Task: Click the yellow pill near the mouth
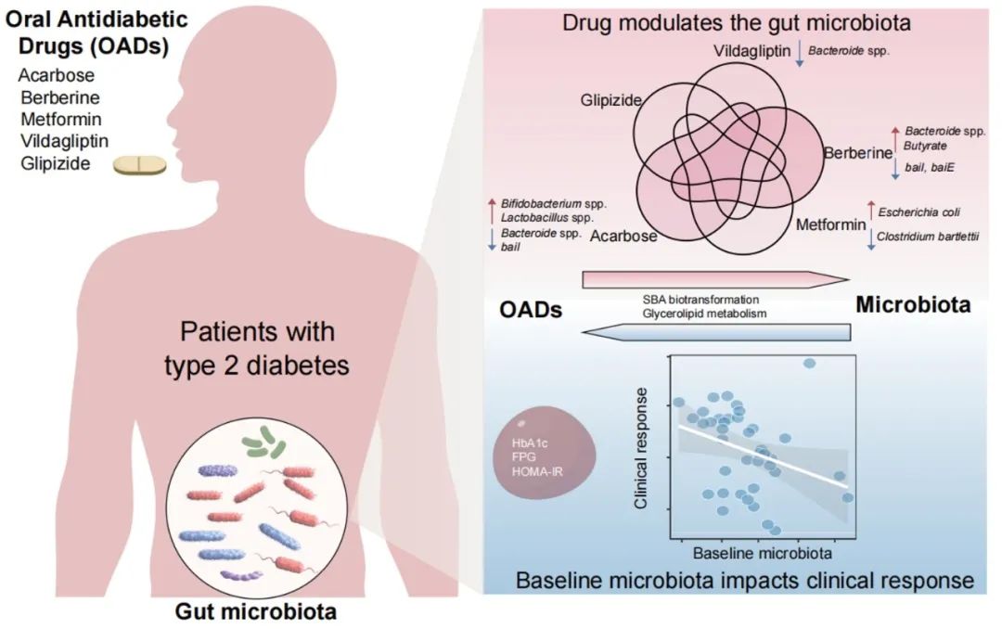pyautogui.click(x=140, y=165)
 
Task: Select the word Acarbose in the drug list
pyautogui.click(x=55, y=75)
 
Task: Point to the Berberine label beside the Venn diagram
pyautogui.click(x=858, y=154)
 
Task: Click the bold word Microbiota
pyautogui.click(x=913, y=304)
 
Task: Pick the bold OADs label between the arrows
pyautogui.click(x=532, y=310)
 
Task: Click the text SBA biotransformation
pyautogui.click(x=700, y=300)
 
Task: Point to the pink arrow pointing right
pyautogui.click(x=715, y=280)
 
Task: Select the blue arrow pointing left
pyautogui.click(x=715, y=331)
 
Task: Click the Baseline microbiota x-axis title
pyautogui.click(x=763, y=553)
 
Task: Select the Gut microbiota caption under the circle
pyautogui.click(x=257, y=612)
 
